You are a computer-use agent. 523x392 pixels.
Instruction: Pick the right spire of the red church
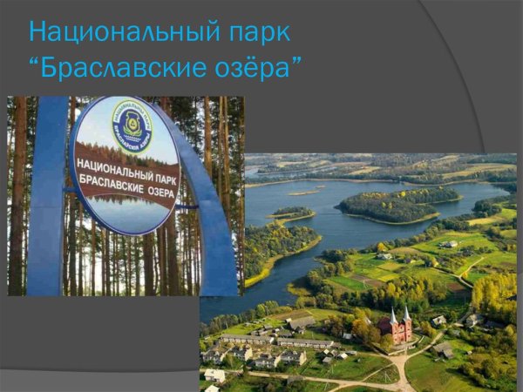coord(407,313)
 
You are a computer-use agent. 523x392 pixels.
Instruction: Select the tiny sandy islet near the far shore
coord(304,193)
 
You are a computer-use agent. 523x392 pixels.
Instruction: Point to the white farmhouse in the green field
coord(448,245)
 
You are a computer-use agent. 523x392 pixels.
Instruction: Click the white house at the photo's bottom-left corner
coord(214,375)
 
